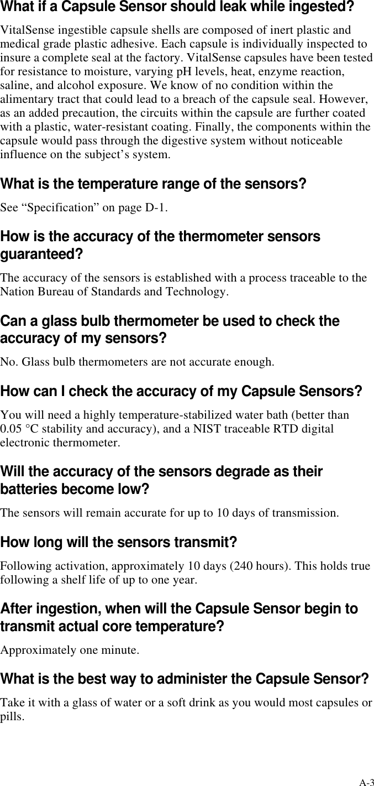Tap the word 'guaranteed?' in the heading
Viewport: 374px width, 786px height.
[42, 255]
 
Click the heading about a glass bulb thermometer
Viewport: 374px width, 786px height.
[170, 330]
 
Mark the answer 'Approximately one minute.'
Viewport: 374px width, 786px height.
[70, 649]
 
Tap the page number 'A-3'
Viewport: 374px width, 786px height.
[366, 782]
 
